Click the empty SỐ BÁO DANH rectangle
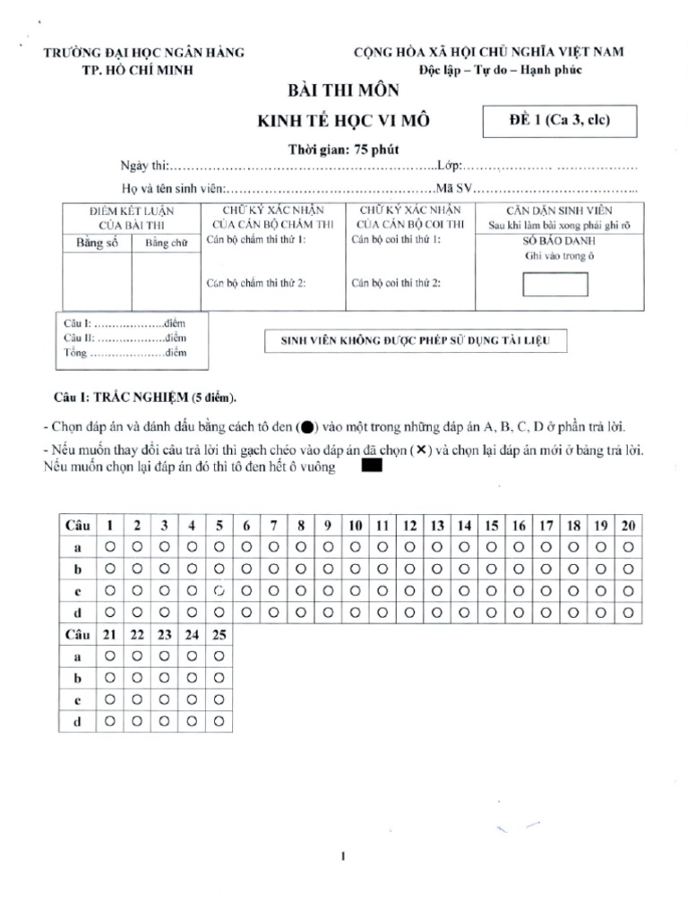click(555, 284)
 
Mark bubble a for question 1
click(109, 545)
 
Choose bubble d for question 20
click(629, 613)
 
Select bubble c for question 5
click(219, 590)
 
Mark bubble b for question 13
click(438, 568)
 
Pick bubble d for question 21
click(109, 722)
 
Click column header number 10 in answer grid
click(356, 525)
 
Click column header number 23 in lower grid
click(164, 634)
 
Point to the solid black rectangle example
click(369, 466)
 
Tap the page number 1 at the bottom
click(344, 857)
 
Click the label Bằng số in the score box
click(97, 244)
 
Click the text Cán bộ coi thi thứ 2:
click(395, 283)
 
